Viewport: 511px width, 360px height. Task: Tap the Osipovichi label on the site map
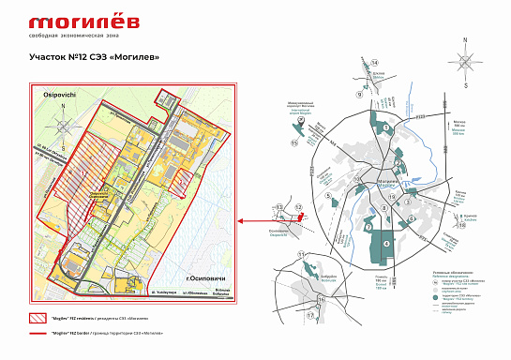coord(50,97)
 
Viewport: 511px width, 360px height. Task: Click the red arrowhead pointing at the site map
coord(242,221)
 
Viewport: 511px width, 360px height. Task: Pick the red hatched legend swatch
coord(38,319)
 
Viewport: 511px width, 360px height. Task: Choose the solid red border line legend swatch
coord(38,334)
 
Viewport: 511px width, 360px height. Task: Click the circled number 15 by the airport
coord(293,143)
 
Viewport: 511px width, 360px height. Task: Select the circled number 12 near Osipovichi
coord(300,206)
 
